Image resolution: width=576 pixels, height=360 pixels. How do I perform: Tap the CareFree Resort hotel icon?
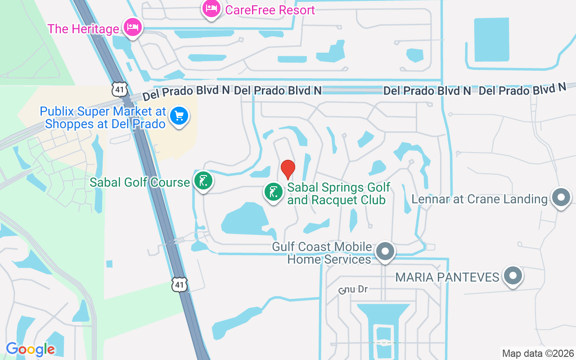[211, 8]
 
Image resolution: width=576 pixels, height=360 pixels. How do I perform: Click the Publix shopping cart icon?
[179, 117]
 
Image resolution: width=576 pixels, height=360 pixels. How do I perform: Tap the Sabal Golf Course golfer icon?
[203, 181]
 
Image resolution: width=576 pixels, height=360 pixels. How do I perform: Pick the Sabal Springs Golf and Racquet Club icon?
[274, 192]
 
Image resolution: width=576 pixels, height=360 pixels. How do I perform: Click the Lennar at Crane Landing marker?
[561, 198]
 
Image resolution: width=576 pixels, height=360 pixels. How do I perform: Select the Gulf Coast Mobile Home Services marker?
[385, 252]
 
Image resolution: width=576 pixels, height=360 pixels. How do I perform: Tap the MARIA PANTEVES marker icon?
[513, 276]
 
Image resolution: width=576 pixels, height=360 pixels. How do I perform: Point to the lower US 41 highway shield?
[179, 284]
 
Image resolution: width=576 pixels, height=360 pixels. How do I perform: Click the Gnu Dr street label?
[354, 289]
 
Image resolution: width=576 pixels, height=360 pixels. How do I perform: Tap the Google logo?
[31, 349]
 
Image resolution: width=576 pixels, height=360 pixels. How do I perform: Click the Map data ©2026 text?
[538, 353]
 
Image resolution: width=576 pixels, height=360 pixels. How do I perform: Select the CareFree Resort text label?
[270, 10]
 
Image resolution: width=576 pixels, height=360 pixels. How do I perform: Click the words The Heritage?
[83, 29]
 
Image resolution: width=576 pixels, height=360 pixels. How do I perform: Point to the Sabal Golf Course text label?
[139, 182]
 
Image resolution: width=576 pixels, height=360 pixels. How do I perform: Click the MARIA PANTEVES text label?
[447, 277]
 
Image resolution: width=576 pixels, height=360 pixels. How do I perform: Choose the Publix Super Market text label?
[103, 117]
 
